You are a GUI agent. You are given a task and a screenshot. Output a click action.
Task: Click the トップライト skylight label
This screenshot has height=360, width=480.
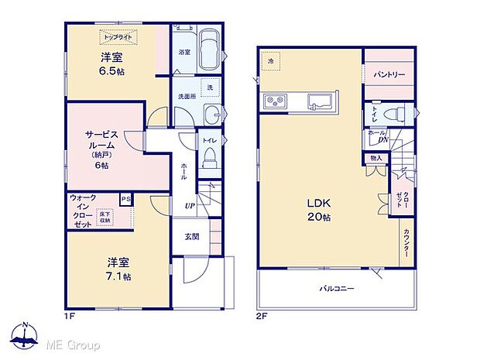tap(117, 36)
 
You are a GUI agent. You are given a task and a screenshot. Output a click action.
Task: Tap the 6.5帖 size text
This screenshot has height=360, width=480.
tap(111, 71)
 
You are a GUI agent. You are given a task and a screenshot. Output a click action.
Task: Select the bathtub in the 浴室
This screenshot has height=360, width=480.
tap(208, 50)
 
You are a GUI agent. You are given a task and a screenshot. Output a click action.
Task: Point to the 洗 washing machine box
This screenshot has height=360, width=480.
tap(207, 87)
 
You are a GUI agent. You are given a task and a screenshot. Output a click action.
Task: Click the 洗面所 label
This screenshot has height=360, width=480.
tap(186, 97)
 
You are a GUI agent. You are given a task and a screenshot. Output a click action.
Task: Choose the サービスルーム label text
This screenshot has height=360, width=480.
tap(101, 140)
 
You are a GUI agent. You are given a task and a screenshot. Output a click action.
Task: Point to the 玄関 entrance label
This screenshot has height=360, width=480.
tap(192, 237)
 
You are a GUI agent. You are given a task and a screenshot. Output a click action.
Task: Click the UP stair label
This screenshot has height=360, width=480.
tap(189, 205)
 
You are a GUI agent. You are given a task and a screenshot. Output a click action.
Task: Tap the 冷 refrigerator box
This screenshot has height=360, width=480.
tap(271, 60)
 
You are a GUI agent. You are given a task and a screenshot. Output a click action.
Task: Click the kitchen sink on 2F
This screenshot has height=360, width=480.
tap(318, 101)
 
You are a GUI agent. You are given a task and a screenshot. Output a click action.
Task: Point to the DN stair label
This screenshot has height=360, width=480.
tap(383, 140)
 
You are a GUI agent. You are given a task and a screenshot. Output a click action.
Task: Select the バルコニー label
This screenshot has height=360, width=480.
tap(337, 288)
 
